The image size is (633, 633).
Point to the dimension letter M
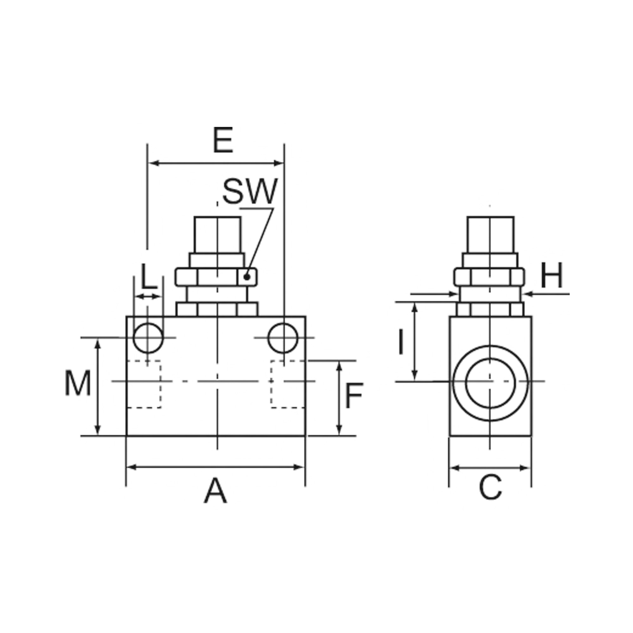78,383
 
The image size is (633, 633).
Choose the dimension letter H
551,275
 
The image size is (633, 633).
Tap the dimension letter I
400,342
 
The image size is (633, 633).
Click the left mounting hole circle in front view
148,338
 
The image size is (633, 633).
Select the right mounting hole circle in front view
283,338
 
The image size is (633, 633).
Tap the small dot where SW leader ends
248,277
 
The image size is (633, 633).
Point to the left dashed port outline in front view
144,384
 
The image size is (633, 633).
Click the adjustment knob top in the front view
217,235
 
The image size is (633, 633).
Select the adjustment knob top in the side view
491,235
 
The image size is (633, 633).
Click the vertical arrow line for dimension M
97,387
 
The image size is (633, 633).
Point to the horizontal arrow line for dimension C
490,468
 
